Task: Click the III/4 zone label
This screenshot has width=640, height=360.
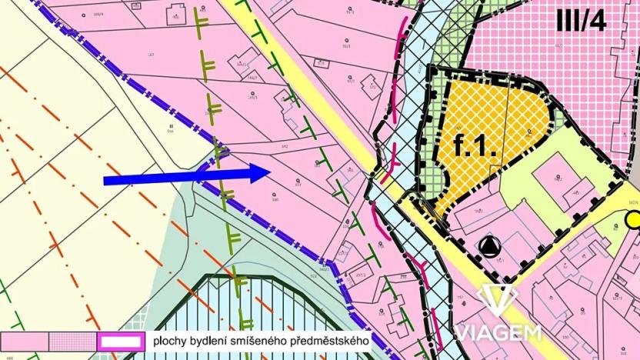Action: coord(581,21)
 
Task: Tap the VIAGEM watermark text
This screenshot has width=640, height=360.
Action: coord(497,332)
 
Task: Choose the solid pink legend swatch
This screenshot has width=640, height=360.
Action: coord(25,341)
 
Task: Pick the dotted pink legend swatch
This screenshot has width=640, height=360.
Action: coord(72,341)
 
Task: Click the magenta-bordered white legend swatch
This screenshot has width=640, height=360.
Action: coord(120,341)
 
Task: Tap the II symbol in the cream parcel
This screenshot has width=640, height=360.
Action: coord(172,125)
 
